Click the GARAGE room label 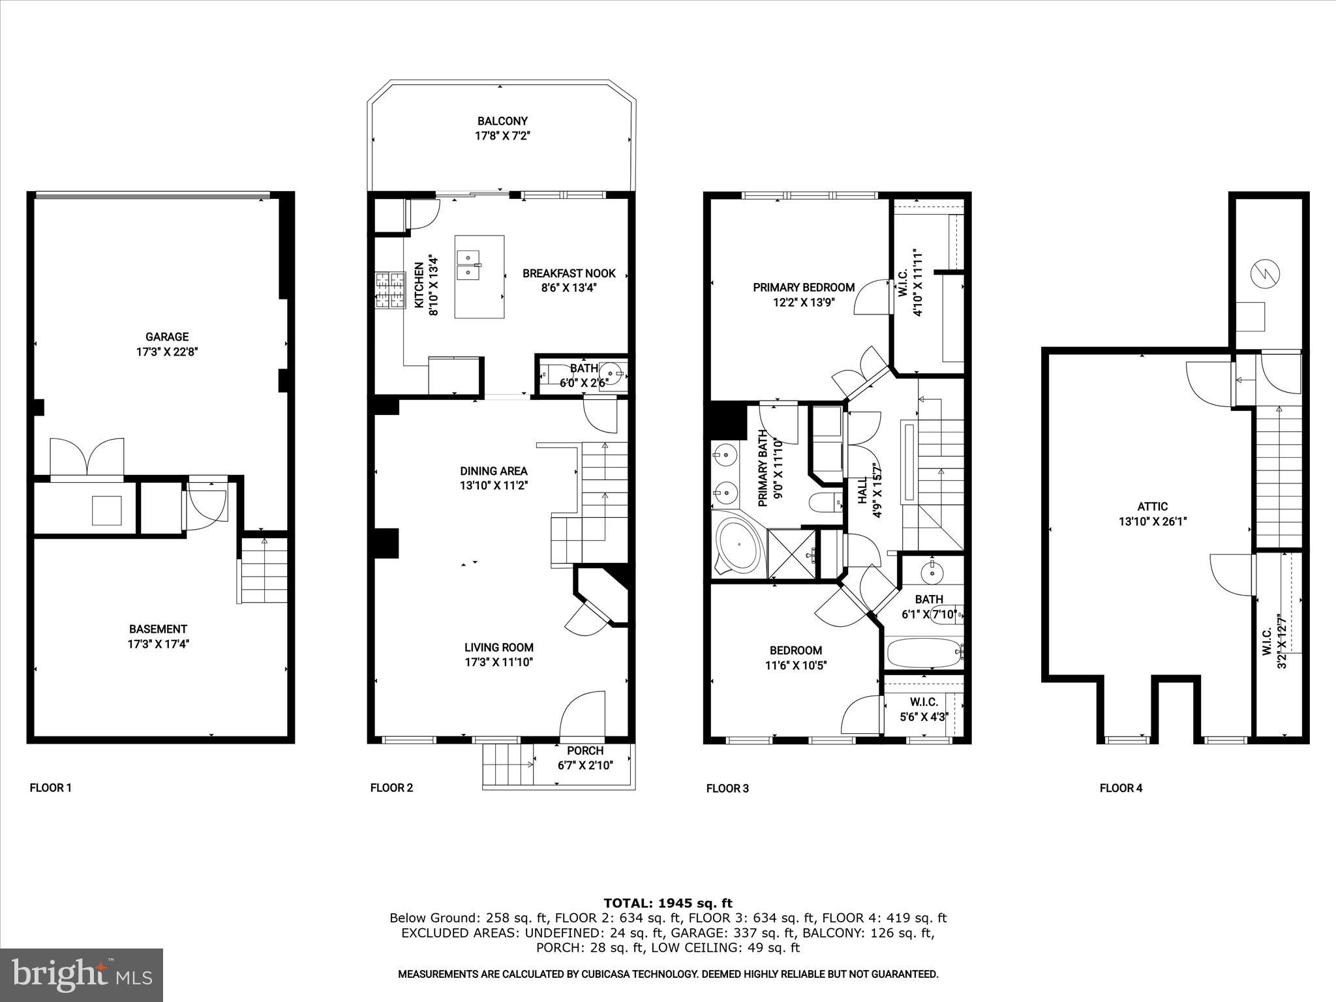point(167,337)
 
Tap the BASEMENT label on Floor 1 point(158,629)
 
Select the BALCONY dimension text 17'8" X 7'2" point(502,136)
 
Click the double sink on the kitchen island point(468,266)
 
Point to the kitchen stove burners point(389,291)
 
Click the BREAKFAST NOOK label point(569,273)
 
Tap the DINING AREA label point(494,471)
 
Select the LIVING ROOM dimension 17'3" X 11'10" point(499,662)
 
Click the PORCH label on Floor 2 point(585,751)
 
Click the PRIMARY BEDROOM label point(804,287)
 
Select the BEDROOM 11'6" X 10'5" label point(796,658)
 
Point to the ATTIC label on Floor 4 point(1153,506)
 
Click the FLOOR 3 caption point(727,789)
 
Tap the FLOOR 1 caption point(51,788)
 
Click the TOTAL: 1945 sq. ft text point(668,903)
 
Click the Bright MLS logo point(82,975)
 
